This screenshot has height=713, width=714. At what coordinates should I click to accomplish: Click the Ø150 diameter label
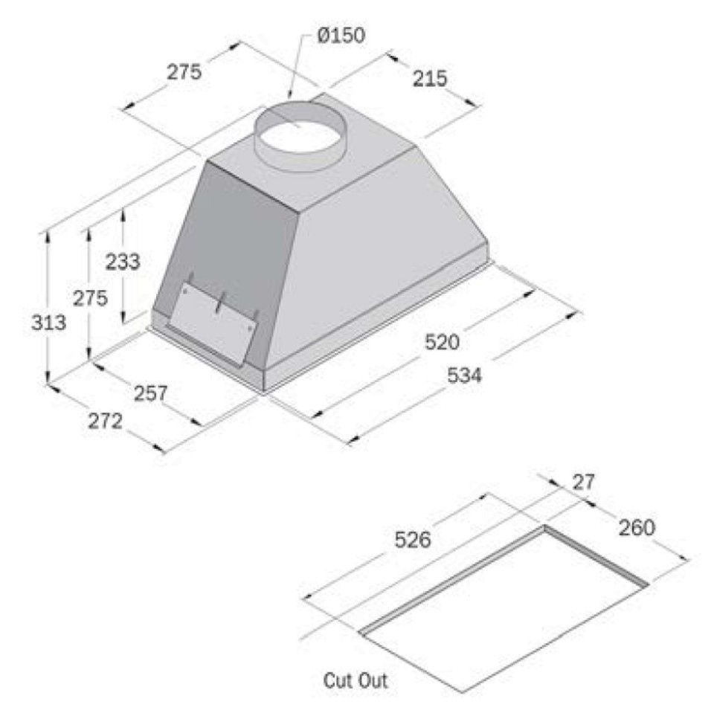[x=340, y=35]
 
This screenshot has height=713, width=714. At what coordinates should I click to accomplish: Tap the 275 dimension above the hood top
[x=183, y=72]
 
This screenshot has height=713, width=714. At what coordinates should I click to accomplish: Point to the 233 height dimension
[x=122, y=262]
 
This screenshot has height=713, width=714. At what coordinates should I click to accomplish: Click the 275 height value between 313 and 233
[x=90, y=297]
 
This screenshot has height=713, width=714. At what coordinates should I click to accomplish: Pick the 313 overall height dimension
[x=50, y=323]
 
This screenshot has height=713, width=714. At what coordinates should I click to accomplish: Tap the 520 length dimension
[x=443, y=341]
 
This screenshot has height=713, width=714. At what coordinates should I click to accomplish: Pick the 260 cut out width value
[x=636, y=528]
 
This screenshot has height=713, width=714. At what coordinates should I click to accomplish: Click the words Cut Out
[x=355, y=680]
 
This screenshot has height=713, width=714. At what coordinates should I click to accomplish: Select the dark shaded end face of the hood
[x=223, y=238]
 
